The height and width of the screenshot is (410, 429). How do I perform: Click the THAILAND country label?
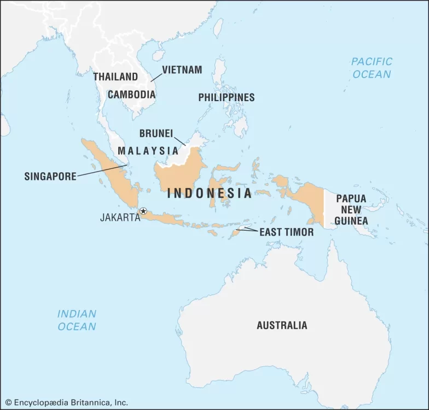click(115, 77)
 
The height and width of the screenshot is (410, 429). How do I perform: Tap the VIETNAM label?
click(182, 70)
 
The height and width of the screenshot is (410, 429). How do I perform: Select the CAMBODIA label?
click(131, 94)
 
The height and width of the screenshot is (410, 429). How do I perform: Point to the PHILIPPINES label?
click(226, 97)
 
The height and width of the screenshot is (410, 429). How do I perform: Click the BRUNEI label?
click(156, 133)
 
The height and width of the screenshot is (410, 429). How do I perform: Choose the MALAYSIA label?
click(148, 150)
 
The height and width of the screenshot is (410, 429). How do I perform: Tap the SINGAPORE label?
click(50, 177)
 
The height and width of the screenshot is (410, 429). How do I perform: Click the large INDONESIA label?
click(210, 193)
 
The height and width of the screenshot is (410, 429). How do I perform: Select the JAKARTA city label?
click(119, 218)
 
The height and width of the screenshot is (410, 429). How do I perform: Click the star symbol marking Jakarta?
click(143, 211)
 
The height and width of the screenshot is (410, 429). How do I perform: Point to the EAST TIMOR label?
click(286, 232)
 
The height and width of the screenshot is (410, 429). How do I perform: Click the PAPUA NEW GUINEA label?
click(351, 209)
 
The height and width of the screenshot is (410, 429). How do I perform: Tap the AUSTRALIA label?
click(282, 325)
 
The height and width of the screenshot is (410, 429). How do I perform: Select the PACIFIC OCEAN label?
click(372, 68)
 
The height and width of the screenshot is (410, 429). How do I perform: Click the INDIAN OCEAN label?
click(77, 320)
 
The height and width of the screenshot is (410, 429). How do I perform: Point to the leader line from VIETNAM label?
click(156, 77)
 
